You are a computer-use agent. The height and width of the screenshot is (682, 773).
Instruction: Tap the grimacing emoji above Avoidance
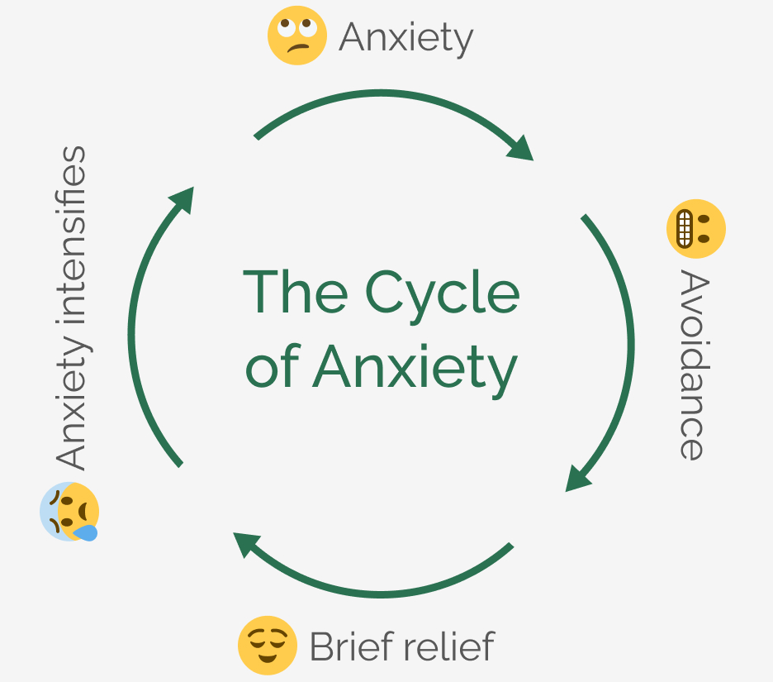pyautogui.click(x=695, y=228)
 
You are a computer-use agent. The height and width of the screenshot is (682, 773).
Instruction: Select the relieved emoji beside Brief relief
pyautogui.click(x=267, y=645)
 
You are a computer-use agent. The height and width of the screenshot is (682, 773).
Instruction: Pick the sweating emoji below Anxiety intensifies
pyautogui.click(x=70, y=512)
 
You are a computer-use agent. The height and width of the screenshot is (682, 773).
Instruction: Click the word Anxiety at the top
pyautogui.click(x=406, y=37)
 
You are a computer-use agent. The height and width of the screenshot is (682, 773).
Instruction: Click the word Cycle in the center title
pyautogui.click(x=442, y=291)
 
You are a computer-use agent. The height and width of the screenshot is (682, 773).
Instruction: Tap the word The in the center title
pyautogui.click(x=295, y=291)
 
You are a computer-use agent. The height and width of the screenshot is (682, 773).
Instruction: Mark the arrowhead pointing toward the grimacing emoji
pyautogui.click(x=520, y=148)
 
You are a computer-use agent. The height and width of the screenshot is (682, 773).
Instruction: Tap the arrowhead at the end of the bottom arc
pyautogui.click(x=247, y=545)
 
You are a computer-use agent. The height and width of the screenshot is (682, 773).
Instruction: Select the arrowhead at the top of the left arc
pyautogui.click(x=182, y=200)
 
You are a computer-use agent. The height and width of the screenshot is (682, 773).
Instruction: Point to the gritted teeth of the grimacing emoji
pyautogui.click(x=684, y=228)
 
